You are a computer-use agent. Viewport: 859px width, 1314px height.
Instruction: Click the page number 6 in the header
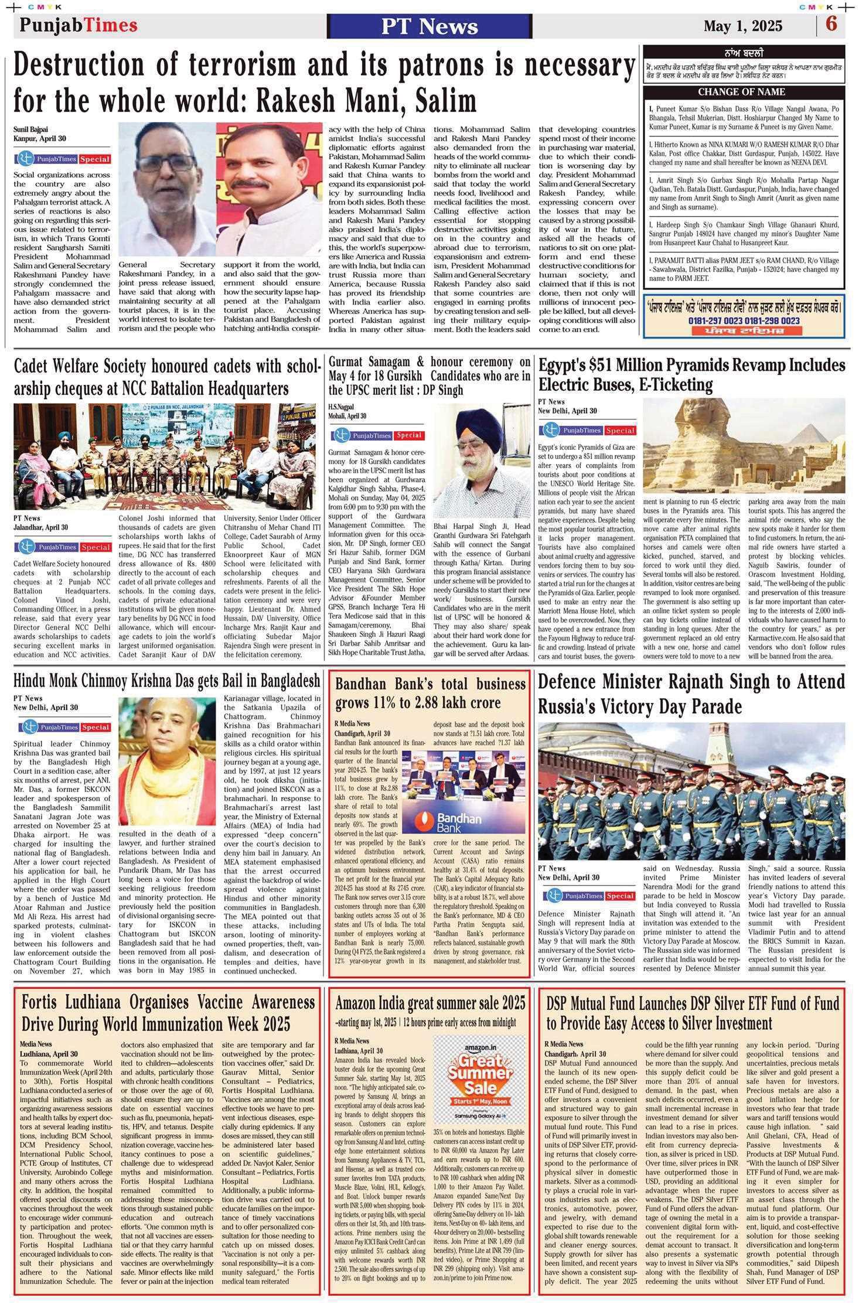[831, 25]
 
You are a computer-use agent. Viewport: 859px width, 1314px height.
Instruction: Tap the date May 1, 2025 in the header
[742, 26]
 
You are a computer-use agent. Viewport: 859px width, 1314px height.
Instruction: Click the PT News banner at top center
[421, 26]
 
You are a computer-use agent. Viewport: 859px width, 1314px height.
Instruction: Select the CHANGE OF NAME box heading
[741, 92]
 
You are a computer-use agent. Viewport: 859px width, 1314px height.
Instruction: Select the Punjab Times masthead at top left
[78, 25]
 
